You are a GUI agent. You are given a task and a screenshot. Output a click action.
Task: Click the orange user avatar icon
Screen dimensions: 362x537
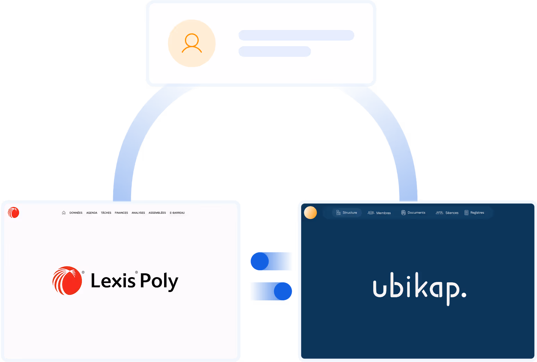pyautogui.click(x=191, y=43)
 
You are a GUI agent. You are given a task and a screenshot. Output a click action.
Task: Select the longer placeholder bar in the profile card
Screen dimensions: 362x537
pyautogui.click(x=296, y=35)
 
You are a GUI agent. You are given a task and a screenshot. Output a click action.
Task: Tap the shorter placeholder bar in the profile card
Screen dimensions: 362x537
pyautogui.click(x=274, y=52)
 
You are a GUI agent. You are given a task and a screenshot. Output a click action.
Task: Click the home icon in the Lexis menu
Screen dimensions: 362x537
pyautogui.click(x=64, y=213)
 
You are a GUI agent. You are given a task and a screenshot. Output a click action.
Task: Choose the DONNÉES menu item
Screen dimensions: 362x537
pyautogui.click(x=76, y=213)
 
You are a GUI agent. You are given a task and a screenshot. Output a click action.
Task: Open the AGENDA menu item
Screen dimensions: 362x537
pyautogui.click(x=92, y=213)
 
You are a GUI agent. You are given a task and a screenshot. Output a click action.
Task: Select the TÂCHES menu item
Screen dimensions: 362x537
pyautogui.click(x=106, y=213)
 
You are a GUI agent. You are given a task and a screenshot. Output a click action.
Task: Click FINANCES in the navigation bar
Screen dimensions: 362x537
pyautogui.click(x=121, y=213)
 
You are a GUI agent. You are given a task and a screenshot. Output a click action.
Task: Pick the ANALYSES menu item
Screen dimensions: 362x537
pyautogui.click(x=138, y=213)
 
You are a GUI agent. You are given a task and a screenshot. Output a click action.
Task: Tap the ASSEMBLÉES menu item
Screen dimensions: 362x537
pyautogui.click(x=157, y=213)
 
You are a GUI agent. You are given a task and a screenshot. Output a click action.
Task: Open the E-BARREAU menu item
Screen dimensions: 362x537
pyautogui.click(x=177, y=213)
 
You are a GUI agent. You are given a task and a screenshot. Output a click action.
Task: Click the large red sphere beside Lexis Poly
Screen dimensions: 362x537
pyautogui.click(x=67, y=281)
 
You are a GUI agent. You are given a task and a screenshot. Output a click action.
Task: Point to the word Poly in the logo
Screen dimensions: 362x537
pyautogui.click(x=159, y=281)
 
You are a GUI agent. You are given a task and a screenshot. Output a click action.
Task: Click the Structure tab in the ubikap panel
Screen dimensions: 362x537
pyautogui.click(x=347, y=213)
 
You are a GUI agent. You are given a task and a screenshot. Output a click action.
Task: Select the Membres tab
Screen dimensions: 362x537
pyautogui.click(x=379, y=213)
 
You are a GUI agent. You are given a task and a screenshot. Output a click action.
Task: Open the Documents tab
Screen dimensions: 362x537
pyautogui.click(x=413, y=213)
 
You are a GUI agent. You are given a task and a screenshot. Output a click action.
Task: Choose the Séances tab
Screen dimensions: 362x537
pyautogui.click(x=447, y=213)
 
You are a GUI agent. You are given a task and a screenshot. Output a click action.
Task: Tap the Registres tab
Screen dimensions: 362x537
pyautogui.click(x=474, y=213)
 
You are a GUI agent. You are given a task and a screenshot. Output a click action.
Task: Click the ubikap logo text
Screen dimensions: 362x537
pyautogui.click(x=419, y=288)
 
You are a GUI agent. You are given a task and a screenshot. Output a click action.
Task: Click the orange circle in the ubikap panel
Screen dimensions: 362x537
pyautogui.click(x=310, y=213)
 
